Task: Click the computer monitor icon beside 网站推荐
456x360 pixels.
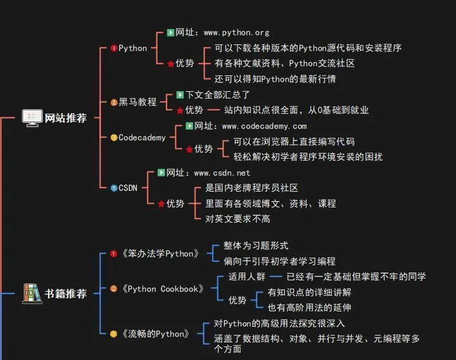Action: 32,117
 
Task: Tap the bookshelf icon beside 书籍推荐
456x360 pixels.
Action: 31,293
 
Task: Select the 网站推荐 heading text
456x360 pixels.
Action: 65,118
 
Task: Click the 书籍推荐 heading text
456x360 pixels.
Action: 65,294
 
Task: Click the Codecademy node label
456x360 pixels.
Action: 142,137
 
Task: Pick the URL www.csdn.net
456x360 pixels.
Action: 222,173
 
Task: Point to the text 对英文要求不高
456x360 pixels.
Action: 237,219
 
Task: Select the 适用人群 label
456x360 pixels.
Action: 246,276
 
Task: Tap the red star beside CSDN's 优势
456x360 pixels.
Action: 161,204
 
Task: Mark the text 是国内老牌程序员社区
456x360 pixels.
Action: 251,188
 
